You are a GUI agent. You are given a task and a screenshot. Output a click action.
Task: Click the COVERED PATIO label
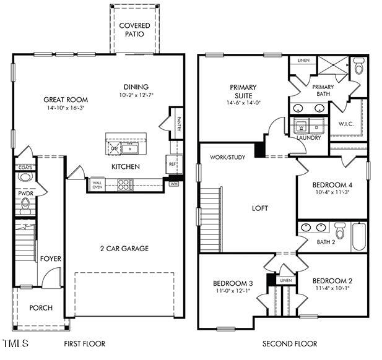[134, 29]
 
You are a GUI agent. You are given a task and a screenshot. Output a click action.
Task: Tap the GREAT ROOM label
[65, 99]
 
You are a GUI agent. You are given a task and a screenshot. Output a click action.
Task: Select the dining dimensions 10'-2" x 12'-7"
[137, 95]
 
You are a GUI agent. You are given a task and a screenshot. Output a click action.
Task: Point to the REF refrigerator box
[171, 165]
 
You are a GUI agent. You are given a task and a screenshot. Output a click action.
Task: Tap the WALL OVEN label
[97, 184]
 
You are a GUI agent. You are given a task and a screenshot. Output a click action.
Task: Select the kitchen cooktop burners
[125, 184]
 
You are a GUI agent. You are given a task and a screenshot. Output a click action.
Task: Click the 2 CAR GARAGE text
[124, 249]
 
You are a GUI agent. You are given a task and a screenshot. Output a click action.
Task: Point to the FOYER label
[51, 259]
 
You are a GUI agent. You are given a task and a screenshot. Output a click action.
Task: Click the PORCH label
[41, 307]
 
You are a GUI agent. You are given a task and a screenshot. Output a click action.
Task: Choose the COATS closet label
[25, 167]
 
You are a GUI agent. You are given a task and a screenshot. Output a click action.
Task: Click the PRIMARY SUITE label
[243, 92]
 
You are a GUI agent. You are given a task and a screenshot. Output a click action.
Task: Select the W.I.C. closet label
[346, 124]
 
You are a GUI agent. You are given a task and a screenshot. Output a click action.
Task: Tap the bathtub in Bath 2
[359, 236]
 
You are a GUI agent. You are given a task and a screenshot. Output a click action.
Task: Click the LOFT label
[260, 208]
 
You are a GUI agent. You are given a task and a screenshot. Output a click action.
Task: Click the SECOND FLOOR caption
[289, 343]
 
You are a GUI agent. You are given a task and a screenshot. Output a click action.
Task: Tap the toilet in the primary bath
[359, 66]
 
